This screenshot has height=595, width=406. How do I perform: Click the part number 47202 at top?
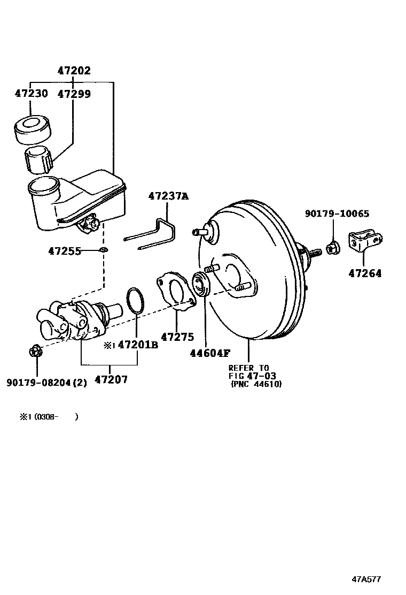click(74, 71)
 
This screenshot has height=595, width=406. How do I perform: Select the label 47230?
click(31, 94)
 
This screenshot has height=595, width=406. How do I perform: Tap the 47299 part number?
click(74, 94)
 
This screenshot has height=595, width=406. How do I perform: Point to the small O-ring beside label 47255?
click(103, 250)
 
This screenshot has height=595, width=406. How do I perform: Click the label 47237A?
click(169, 196)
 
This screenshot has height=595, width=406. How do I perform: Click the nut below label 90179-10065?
click(331, 247)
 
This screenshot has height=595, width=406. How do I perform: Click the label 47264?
click(365, 273)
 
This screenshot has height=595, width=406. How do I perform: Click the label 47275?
click(177, 337)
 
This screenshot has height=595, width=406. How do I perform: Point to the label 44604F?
click(210, 353)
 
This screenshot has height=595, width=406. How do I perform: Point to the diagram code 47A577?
click(366, 579)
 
